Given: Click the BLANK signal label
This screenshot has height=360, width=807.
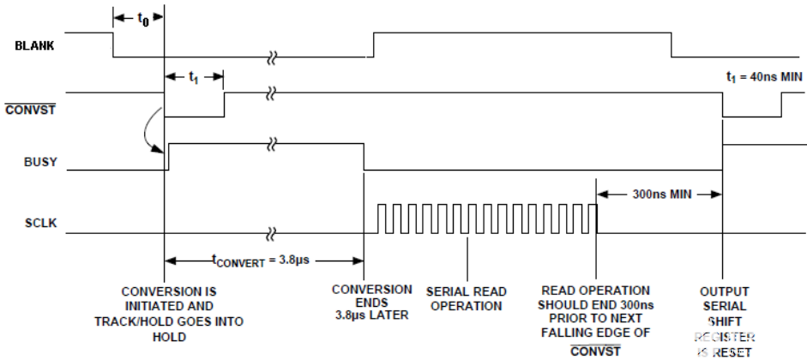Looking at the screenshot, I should (x=35, y=45).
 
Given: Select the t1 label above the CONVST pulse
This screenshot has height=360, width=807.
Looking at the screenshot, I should (x=195, y=75).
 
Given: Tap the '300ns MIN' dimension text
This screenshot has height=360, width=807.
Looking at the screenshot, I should (x=659, y=194).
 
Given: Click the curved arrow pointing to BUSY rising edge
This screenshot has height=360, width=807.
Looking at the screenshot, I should (x=152, y=133).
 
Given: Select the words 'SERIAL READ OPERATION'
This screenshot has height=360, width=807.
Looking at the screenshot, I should (x=467, y=297).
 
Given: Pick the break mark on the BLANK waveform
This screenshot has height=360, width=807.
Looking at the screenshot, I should (x=272, y=58).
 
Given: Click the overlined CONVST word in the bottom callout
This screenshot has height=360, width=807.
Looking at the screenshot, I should (x=593, y=351).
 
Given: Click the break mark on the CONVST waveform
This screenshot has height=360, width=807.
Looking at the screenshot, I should (x=272, y=91).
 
